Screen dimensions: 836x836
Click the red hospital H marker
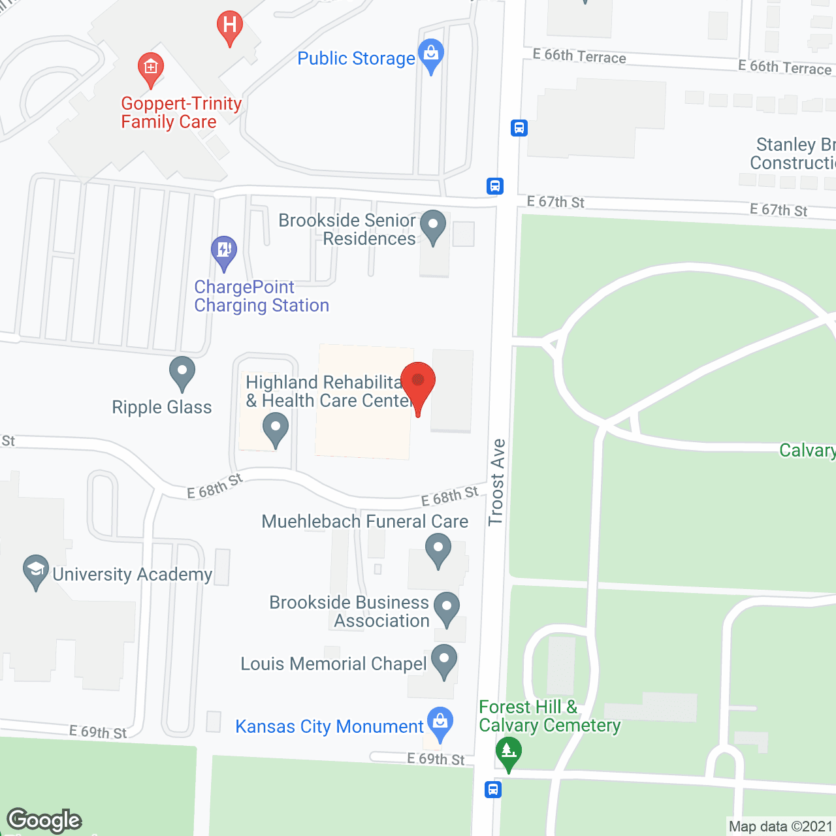click(x=229, y=27)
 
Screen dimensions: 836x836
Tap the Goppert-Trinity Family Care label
click(x=181, y=113)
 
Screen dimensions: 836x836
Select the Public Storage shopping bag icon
click(x=431, y=55)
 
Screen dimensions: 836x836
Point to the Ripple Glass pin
click(x=182, y=372)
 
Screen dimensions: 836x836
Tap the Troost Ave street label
click(x=497, y=482)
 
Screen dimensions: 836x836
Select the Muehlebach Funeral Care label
click(x=364, y=521)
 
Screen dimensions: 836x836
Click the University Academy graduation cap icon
click(x=35, y=571)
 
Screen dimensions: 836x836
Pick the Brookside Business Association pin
click(x=447, y=607)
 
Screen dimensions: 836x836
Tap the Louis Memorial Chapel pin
click(x=444, y=660)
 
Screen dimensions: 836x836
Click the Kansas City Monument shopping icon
click(x=440, y=723)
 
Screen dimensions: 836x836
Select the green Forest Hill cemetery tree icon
click(x=509, y=752)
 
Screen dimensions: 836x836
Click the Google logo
click(x=44, y=820)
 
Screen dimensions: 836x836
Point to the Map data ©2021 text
click(x=780, y=827)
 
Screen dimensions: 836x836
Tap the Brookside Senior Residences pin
click(x=432, y=226)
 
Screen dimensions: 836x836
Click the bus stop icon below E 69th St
click(x=493, y=789)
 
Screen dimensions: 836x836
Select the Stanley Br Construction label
click(x=793, y=153)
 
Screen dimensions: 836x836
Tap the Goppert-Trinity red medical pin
click(x=151, y=69)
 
